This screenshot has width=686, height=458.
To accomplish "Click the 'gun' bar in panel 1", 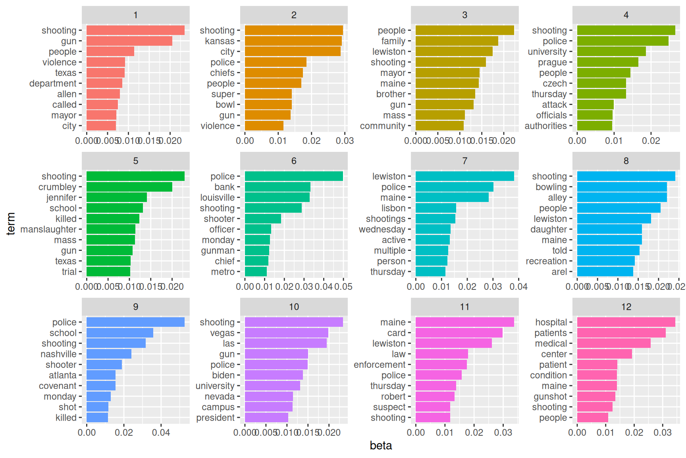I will click(x=129, y=41).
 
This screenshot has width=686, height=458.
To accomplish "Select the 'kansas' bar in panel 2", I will click(x=293, y=41).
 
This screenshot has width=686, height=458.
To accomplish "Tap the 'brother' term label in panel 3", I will click(x=391, y=94).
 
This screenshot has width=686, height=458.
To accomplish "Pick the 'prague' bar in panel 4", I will click(x=607, y=62).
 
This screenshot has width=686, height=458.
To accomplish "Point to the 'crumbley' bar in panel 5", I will click(x=129, y=187).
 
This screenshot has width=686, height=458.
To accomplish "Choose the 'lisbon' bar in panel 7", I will click(x=435, y=208).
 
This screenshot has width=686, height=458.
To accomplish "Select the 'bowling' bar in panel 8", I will click(x=622, y=187).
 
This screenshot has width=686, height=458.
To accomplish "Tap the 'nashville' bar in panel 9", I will click(x=109, y=354).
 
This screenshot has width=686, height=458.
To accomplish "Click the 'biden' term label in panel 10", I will click(x=223, y=375).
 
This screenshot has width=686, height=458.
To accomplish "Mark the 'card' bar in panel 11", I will click(x=459, y=333).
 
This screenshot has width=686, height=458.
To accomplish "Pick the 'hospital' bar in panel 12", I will click(x=626, y=322).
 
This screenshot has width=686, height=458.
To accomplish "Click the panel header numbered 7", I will click(x=464, y=161).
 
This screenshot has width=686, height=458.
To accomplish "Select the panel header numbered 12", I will click(x=626, y=307).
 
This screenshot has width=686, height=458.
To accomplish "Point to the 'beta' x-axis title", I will click(x=381, y=446).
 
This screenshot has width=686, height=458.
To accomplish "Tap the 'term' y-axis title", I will click(x=11, y=223).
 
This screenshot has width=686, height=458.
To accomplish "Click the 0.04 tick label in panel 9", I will click(x=161, y=433).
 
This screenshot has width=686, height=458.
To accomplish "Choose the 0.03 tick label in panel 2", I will click(x=345, y=141).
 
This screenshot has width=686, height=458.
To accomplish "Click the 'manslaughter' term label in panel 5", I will click(x=48, y=229).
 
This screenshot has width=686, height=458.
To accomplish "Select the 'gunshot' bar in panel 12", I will click(x=596, y=396).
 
